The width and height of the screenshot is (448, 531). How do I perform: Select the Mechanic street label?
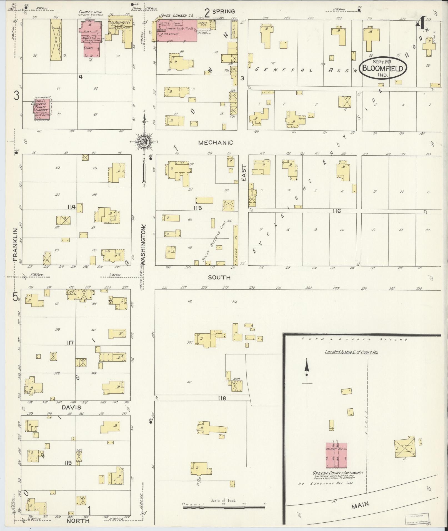click(216, 143)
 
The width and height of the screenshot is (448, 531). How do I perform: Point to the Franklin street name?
click(15, 245)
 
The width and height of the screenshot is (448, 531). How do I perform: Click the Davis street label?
click(71, 407)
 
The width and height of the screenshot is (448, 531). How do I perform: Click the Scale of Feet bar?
click(224, 507)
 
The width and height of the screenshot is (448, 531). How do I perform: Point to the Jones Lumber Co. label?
click(176, 16)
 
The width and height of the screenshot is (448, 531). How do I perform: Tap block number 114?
click(71, 207)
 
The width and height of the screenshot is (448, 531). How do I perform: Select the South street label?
click(219, 277)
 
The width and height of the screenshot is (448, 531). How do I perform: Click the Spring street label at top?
click(224, 11)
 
